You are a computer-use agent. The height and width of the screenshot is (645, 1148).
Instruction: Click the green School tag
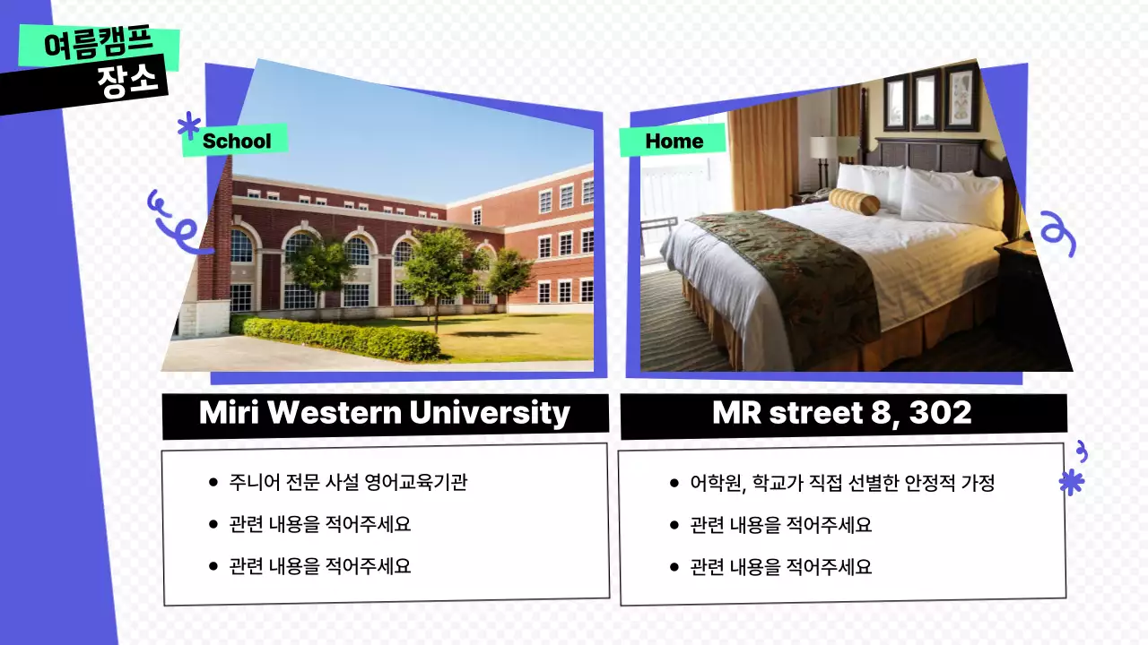[236, 141]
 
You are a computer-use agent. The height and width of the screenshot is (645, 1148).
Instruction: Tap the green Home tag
[674, 141]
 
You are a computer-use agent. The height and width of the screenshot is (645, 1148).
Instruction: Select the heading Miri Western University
[385, 413]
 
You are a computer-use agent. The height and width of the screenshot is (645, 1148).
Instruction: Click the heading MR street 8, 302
[841, 413]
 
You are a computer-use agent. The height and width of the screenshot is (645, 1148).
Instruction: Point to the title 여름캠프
[99, 45]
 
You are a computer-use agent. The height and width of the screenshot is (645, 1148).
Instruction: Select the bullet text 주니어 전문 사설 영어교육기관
[348, 482]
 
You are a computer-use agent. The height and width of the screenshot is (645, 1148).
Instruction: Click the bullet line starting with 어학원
[842, 483]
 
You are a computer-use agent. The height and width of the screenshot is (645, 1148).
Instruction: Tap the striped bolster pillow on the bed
[854, 202]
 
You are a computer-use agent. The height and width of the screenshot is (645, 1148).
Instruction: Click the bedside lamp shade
[824, 147]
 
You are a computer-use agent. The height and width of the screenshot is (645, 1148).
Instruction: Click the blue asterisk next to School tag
[188, 125]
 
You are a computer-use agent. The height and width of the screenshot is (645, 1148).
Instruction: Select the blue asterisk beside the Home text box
[1071, 483]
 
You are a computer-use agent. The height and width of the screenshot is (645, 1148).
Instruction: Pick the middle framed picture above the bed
[926, 99]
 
